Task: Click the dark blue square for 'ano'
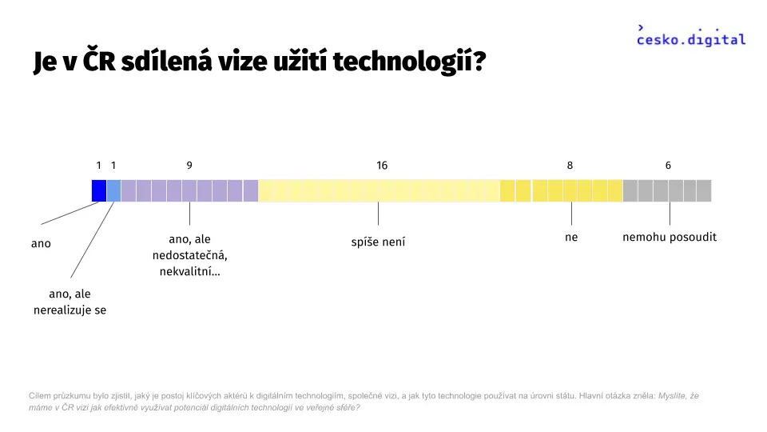(x=99, y=190)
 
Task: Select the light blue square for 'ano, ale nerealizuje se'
(x=113, y=190)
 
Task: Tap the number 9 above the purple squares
(x=189, y=166)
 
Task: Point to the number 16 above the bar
(x=382, y=166)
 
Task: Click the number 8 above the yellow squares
(x=570, y=166)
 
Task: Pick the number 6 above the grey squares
(x=668, y=166)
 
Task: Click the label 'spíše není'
(x=378, y=242)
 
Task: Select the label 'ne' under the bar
(x=571, y=237)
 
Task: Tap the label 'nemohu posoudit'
(x=670, y=237)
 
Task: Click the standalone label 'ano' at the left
(x=41, y=243)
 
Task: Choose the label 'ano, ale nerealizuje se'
(x=70, y=302)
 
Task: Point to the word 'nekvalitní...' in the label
(x=190, y=271)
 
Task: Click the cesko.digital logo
(x=690, y=36)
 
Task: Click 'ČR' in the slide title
(x=99, y=60)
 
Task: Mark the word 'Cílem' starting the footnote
(x=39, y=396)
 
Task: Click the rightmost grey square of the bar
(x=704, y=190)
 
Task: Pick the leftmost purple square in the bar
(x=129, y=190)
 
